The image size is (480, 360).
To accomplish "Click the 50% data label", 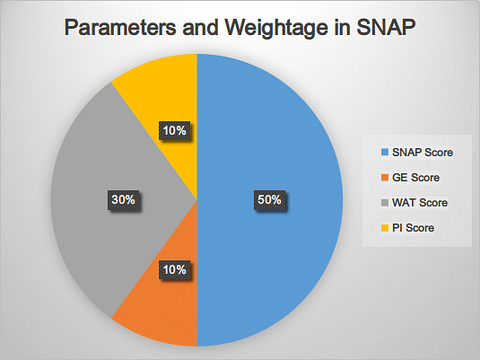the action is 269,200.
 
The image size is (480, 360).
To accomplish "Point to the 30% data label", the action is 124,200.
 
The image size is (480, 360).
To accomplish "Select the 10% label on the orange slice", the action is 174,270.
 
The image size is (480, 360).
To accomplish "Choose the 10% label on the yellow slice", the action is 174,131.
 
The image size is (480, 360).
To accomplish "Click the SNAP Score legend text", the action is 423,153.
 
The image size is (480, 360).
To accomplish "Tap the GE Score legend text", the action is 415,178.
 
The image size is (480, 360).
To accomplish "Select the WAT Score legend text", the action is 420,203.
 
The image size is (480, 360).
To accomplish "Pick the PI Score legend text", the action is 413,228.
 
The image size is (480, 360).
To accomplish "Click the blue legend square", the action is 385,153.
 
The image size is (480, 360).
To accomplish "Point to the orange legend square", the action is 385,178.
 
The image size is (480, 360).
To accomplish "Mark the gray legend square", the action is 385,203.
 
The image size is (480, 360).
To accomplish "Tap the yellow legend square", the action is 385,228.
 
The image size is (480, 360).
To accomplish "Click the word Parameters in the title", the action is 120,27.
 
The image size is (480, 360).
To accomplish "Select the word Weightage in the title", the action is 276,29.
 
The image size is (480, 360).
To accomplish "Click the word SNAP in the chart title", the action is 386,27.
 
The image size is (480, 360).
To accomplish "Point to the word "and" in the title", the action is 200,27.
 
